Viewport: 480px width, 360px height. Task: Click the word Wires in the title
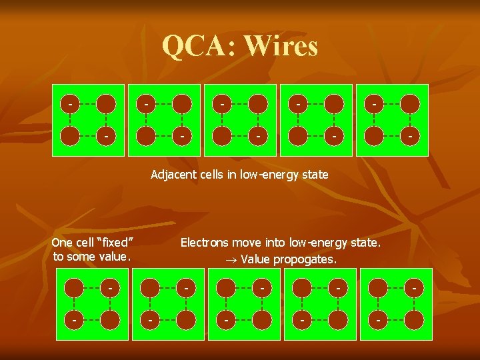(x=281, y=46)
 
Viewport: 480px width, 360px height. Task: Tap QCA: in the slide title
(x=199, y=46)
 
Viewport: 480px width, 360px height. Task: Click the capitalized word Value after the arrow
(x=254, y=259)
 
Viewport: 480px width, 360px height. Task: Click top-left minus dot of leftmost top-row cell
(x=69, y=103)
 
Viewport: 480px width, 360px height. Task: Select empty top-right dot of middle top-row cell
(x=259, y=103)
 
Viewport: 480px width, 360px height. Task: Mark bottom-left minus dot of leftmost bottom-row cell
(x=73, y=319)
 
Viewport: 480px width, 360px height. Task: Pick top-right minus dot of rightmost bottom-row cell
(x=414, y=287)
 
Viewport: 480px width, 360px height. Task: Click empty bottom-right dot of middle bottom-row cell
(x=263, y=319)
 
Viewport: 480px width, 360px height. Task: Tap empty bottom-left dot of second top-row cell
(x=145, y=136)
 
